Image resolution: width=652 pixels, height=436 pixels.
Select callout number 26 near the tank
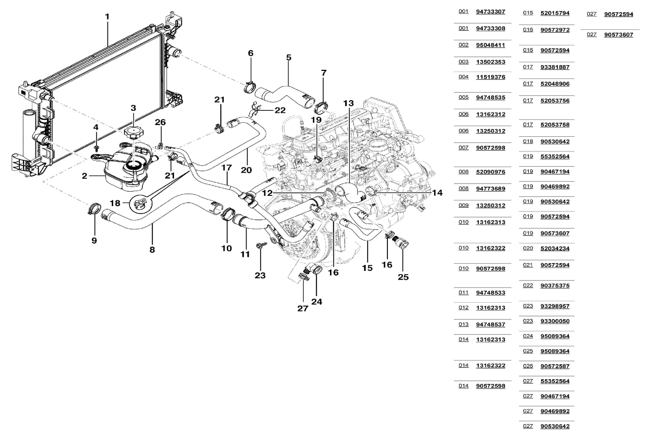[x=160, y=122]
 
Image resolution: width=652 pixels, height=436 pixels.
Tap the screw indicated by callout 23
[x=261, y=245]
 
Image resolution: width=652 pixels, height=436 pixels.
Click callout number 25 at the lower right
[x=403, y=277]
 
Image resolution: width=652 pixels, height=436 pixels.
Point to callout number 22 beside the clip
[x=280, y=110]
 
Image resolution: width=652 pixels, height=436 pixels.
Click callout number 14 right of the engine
[x=437, y=193]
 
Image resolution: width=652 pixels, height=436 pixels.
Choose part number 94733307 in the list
[x=490, y=12]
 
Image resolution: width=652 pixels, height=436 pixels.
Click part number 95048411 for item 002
[x=490, y=45]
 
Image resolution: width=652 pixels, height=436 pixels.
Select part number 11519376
[x=490, y=77]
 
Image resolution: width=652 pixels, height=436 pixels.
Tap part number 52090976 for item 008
[x=490, y=172]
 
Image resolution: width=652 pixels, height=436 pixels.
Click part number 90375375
[x=555, y=285]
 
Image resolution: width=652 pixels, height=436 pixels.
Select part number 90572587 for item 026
[x=555, y=366]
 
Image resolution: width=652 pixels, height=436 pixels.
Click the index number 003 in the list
[x=463, y=62]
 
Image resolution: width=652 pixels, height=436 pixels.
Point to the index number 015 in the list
[x=528, y=13]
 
